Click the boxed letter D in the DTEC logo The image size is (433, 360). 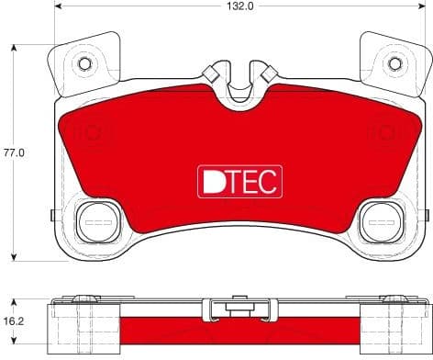[210, 181]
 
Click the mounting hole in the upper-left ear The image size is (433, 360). [84, 63]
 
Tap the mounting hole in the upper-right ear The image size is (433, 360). [395, 63]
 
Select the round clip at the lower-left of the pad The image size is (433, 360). [93, 220]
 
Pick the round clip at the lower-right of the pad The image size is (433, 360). [378, 220]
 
